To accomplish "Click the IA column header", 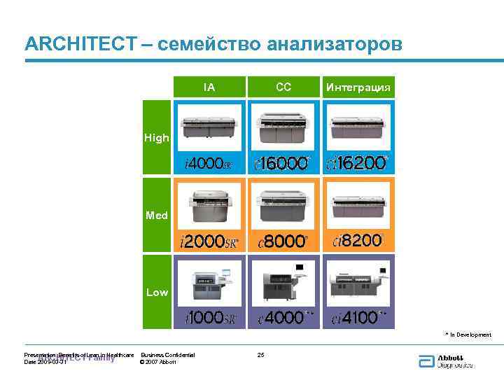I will pyautogui.click(x=209, y=87).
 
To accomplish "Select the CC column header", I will pyautogui.click(x=283, y=87).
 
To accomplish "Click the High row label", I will pyautogui.click(x=157, y=138).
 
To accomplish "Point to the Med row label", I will pyautogui.click(x=157, y=215).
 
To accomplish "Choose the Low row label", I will pyautogui.click(x=157, y=292).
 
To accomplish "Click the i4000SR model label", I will pyautogui.click(x=209, y=164).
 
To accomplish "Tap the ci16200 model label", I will pyautogui.click(x=358, y=164).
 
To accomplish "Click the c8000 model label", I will pyautogui.click(x=283, y=242).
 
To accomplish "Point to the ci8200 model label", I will pyautogui.click(x=358, y=241).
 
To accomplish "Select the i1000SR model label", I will pyautogui.click(x=209, y=318).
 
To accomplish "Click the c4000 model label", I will pyautogui.click(x=283, y=318).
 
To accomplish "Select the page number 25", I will pyautogui.click(x=261, y=355).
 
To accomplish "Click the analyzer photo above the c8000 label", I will pyautogui.click(x=283, y=205).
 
